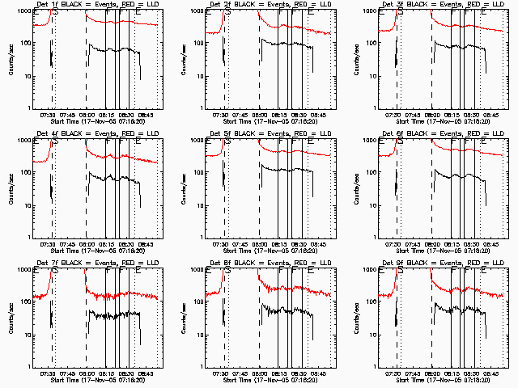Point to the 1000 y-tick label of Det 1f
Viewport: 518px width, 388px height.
22,12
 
